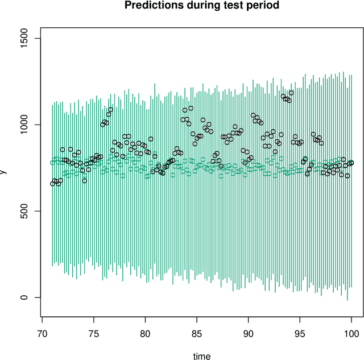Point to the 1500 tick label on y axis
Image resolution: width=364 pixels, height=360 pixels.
[x=25, y=38]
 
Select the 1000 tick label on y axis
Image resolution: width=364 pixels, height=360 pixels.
[x=25, y=125]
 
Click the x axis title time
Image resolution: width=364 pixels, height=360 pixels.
[x=201, y=357]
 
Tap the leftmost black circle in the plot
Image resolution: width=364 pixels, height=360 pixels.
[x=52, y=183]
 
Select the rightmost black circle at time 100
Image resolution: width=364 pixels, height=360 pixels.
[x=351, y=163]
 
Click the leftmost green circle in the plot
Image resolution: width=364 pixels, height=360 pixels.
[x=52, y=163]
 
